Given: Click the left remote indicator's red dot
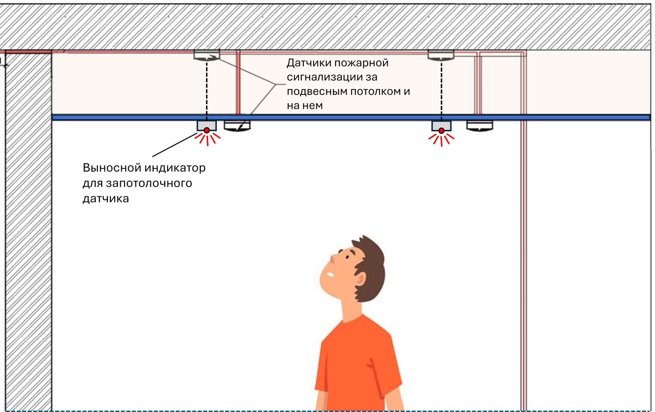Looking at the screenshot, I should point(207,130).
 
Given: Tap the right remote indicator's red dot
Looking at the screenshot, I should point(441,131).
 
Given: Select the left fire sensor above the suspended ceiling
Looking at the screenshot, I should point(207,55).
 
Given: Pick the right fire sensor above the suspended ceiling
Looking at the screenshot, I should point(441,55).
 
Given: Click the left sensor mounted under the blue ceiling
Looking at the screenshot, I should point(237,126).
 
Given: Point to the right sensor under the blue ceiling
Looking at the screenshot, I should point(479,125).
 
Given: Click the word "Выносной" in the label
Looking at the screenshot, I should point(112,168).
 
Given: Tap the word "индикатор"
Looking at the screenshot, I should point(175,168).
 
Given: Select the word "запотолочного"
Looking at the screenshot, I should point(149,183).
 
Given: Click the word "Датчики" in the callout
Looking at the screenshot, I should point(309,63).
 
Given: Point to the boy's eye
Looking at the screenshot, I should point(347,257).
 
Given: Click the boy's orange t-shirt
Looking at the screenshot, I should point(356,367).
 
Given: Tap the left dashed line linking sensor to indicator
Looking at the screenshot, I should point(207,90).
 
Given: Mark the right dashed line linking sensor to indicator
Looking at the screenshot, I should point(441,90).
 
